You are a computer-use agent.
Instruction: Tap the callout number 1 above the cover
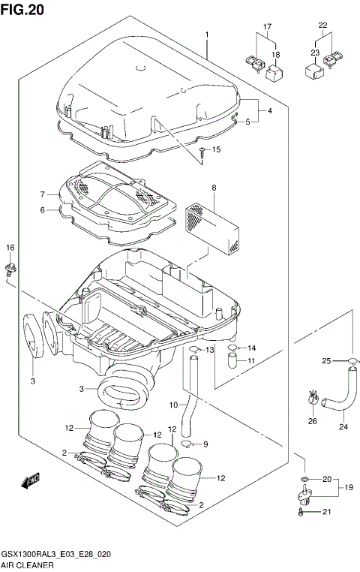coord(205,35)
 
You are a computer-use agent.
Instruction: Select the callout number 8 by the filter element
coord(214,188)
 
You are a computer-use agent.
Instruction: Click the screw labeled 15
coord(202,154)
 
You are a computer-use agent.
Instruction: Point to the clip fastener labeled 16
coord(10,267)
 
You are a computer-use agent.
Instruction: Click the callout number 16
coord(10,248)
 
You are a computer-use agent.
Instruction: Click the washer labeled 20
coord(304,478)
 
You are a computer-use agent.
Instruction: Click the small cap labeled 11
coord(232,363)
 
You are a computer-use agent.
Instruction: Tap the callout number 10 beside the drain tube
coord(172,406)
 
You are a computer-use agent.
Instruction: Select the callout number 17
coord(265,28)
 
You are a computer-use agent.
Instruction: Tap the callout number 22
coord(323,26)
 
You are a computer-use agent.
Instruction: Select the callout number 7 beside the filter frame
coord(44,194)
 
